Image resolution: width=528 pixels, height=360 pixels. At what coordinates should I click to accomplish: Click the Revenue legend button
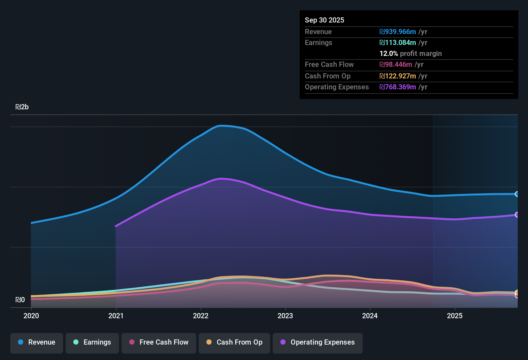coord(37,342)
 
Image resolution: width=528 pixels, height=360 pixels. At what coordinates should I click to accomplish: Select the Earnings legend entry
coord(92,342)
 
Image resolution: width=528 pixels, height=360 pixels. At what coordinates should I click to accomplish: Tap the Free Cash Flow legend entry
coord(159,342)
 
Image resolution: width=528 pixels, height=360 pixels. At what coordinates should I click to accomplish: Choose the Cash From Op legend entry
coord(234,342)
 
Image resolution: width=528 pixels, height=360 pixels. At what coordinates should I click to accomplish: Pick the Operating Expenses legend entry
coord(318,342)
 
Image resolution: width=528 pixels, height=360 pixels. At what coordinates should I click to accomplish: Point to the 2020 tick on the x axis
coord(31,316)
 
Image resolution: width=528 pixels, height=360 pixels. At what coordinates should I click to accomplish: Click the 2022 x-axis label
coord(201,316)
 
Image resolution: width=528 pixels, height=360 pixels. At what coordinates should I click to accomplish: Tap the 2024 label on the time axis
coord(370,316)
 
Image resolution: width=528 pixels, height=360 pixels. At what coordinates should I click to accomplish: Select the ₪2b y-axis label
coord(22,107)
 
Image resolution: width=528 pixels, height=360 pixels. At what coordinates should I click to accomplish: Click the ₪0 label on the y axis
coord(20,300)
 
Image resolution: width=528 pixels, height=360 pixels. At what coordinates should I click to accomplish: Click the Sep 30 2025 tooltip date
coord(324,20)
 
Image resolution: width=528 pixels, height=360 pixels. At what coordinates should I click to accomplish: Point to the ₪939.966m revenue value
coord(398,32)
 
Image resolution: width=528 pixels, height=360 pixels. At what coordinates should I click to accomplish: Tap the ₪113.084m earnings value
coord(398,43)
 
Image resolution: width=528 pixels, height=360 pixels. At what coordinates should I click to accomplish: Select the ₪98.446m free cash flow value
coord(396,65)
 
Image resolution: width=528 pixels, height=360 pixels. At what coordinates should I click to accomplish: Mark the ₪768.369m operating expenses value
coord(398,87)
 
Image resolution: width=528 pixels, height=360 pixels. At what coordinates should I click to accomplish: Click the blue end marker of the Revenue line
coord(517,194)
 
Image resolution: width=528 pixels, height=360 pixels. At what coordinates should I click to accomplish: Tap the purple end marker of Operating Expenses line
coord(517,215)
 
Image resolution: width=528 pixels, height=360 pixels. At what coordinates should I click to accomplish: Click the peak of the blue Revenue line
coord(221,126)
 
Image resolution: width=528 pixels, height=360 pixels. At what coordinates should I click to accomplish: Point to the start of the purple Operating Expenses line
coord(116,226)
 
